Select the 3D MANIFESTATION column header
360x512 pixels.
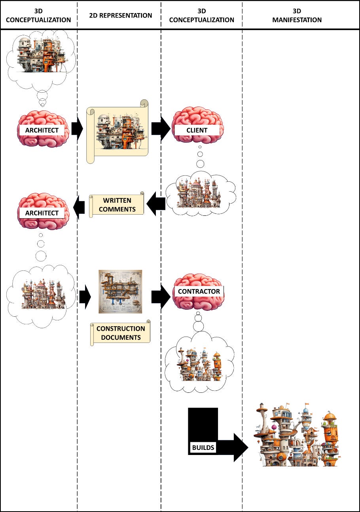(x=297, y=16)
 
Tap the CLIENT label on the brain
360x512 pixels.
(x=197, y=130)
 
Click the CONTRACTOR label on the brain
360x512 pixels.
(x=198, y=291)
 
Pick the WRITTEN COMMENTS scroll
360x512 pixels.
(x=117, y=205)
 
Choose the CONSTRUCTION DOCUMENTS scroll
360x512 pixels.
(x=121, y=333)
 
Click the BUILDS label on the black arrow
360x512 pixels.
(x=203, y=448)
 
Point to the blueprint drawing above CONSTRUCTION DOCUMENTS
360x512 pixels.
(x=120, y=291)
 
